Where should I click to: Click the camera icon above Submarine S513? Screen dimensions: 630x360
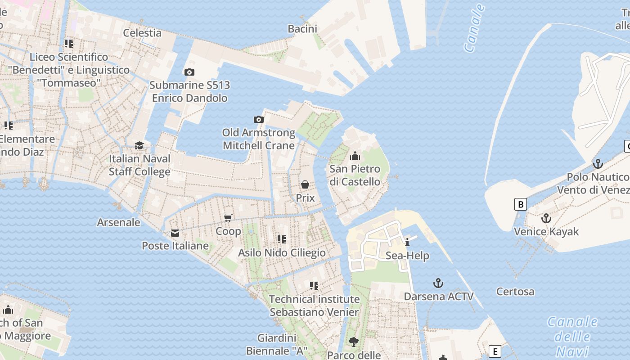(189, 72)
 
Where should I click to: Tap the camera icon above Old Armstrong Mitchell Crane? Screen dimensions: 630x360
(259, 119)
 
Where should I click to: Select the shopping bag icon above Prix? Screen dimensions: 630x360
(305, 184)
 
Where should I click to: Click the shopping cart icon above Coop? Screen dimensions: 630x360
(228, 218)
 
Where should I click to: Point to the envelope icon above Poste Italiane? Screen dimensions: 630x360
(175, 233)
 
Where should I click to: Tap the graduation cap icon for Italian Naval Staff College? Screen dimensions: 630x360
(139, 145)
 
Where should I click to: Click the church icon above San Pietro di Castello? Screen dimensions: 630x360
(355, 156)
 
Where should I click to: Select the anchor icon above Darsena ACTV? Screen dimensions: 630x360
(438, 283)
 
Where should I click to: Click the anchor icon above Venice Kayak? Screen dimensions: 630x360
(546, 218)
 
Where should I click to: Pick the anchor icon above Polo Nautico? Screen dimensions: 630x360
(598, 163)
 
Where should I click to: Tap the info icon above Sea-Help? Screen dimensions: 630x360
(407, 243)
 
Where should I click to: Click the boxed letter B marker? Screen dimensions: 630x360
(520, 204)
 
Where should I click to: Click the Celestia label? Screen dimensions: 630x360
(142, 32)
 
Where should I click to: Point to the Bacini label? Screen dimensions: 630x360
(302, 29)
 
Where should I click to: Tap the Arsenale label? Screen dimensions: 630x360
(119, 222)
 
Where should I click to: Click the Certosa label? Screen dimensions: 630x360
(515, 292)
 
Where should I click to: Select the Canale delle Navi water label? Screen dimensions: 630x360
(572, 336)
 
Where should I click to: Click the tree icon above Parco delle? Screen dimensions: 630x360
(354, 342)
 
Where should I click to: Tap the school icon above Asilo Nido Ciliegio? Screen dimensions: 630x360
(282, 239)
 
